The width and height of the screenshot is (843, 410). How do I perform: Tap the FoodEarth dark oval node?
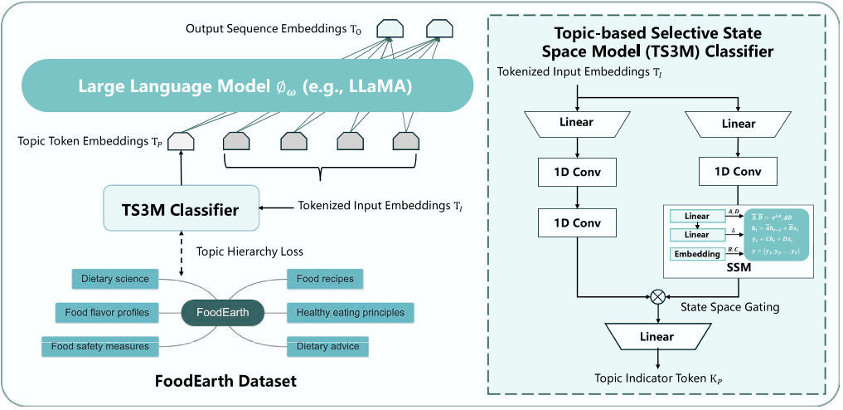222,312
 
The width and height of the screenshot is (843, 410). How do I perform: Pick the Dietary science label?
115,279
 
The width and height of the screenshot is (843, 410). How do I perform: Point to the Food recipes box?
325,279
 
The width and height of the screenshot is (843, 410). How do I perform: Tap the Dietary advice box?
327,346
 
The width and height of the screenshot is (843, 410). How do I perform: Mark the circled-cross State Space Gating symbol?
657,295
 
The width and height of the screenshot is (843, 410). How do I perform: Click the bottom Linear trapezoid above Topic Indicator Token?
657,337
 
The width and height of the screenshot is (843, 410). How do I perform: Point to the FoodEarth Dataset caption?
225,381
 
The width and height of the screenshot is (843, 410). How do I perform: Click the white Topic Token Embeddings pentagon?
180,142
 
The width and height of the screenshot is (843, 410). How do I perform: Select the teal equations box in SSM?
774,235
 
